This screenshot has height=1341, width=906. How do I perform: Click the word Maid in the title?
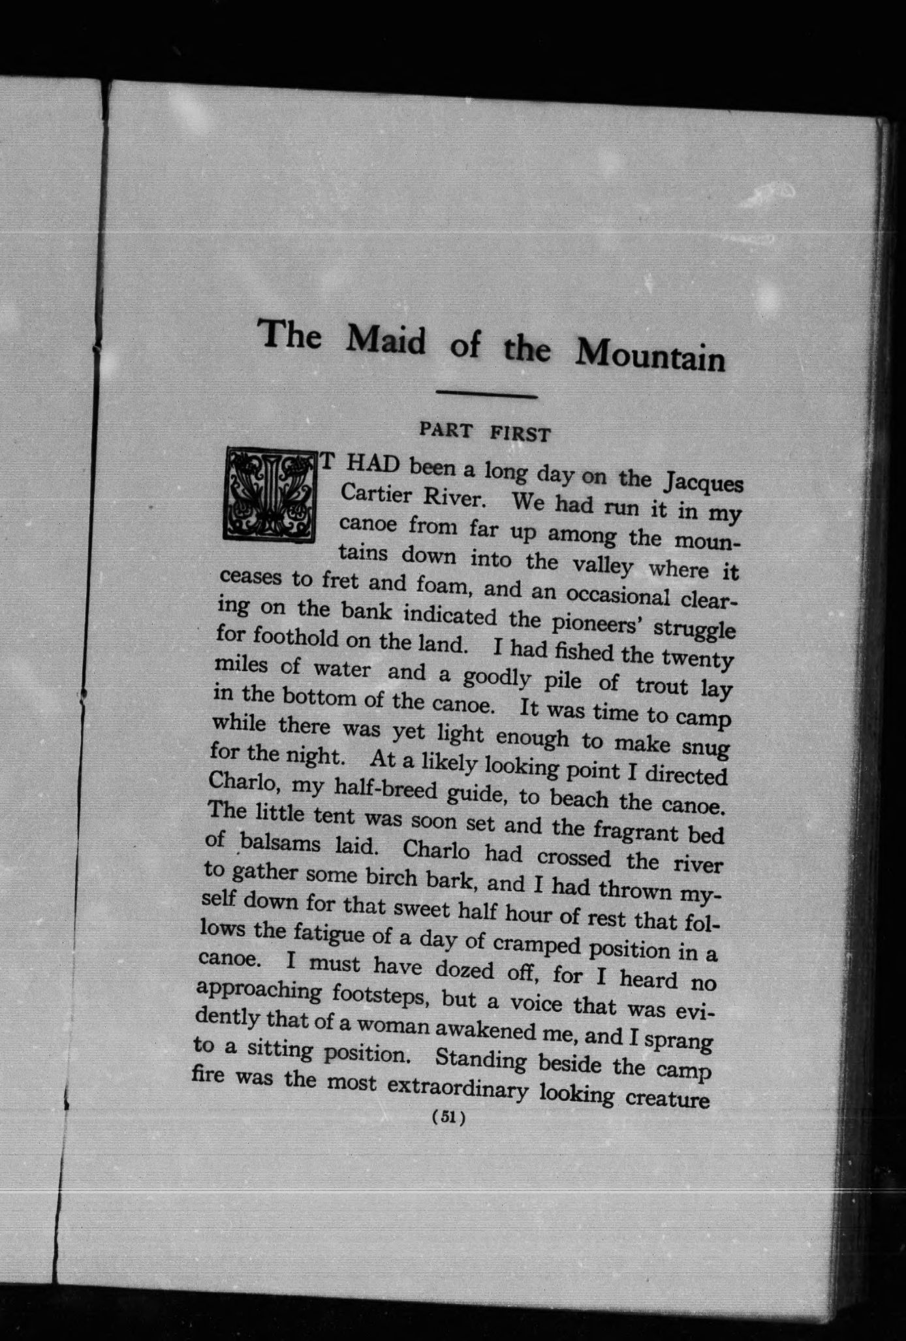coord(386,339)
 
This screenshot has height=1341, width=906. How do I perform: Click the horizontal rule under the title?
coord(486,394)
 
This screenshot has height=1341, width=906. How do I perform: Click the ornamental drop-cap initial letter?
coord(269,494)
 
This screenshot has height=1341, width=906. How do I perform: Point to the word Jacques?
coord(703,484)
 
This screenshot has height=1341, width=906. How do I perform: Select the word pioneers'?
coord(589,623)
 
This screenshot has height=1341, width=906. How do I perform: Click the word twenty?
coord(696,659)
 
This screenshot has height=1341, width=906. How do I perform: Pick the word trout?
coord(662,686)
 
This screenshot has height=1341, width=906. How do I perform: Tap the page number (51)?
coord(448,1117)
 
